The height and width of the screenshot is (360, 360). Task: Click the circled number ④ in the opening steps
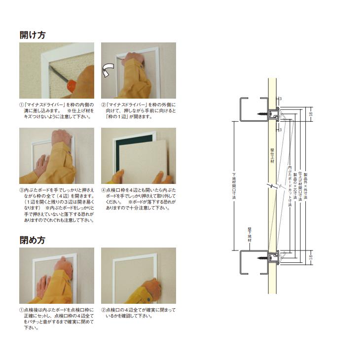104,190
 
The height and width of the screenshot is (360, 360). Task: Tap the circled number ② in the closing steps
104,310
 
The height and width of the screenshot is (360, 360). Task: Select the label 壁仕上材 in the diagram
272,156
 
